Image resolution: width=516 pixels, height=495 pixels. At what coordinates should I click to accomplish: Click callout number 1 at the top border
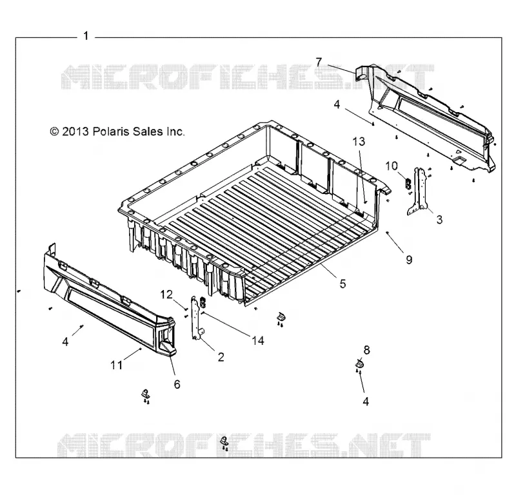[86, 35]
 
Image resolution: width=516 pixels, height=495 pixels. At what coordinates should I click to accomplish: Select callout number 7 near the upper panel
[319, 62]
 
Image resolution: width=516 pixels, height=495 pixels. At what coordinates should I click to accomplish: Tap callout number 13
[359, 141]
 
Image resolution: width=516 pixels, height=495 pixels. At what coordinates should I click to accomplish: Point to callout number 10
[392, 166]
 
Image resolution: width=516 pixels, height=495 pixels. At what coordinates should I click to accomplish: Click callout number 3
[440, 219]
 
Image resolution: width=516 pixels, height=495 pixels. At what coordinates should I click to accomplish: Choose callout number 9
[409, 260]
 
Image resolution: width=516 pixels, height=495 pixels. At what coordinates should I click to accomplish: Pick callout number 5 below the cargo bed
[343, 283]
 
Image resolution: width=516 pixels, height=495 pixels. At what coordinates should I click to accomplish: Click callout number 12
[166, 295]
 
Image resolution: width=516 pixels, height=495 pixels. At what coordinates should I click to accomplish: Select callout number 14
[258, 340]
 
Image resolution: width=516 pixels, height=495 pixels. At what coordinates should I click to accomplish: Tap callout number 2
[221, 357]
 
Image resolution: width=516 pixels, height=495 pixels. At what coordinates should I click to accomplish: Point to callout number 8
[366, 350]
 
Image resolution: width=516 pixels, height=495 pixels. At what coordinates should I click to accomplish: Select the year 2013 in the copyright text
[75, 131]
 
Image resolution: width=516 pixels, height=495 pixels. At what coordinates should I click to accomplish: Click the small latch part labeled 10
[408, 183]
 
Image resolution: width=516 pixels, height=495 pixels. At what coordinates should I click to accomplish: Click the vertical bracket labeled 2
[196, 317]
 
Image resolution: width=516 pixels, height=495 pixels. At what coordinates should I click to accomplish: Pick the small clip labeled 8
[359, 364]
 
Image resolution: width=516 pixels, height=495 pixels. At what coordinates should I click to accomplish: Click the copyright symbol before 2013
[54, 131]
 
